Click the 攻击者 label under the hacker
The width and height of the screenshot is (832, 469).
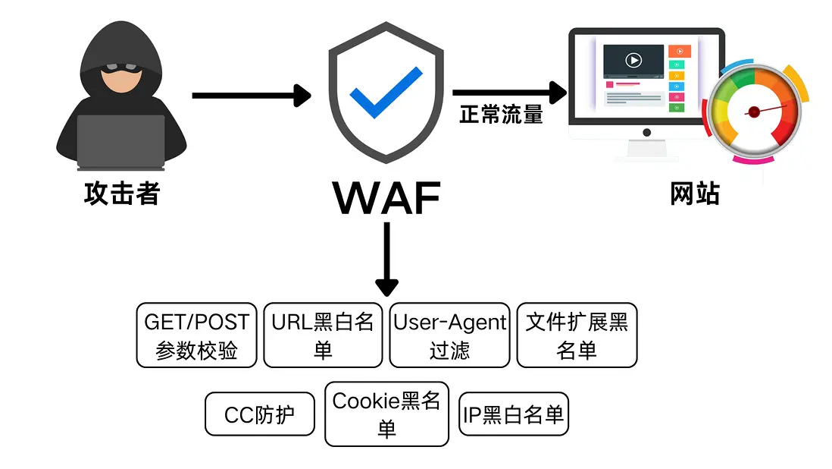coord(122,194)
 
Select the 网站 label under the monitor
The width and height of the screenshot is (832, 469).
coord(695,194)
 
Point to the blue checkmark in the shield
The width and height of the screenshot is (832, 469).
coord(386,92)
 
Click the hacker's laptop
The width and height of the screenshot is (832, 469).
coord(121,142)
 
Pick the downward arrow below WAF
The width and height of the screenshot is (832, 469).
coord(386,259)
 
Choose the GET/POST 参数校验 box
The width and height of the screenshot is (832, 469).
coord(197,335)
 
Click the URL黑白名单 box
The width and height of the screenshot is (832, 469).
coord(323,335)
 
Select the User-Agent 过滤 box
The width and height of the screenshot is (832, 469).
coord(449,335)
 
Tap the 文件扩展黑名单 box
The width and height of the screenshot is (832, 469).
coord(577,335)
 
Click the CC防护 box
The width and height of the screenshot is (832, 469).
coord(260,414)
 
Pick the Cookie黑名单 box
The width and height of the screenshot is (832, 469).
coord(386,414)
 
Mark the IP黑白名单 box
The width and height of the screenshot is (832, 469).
coord(514,414)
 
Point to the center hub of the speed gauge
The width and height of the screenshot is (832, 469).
coord(753,112)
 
